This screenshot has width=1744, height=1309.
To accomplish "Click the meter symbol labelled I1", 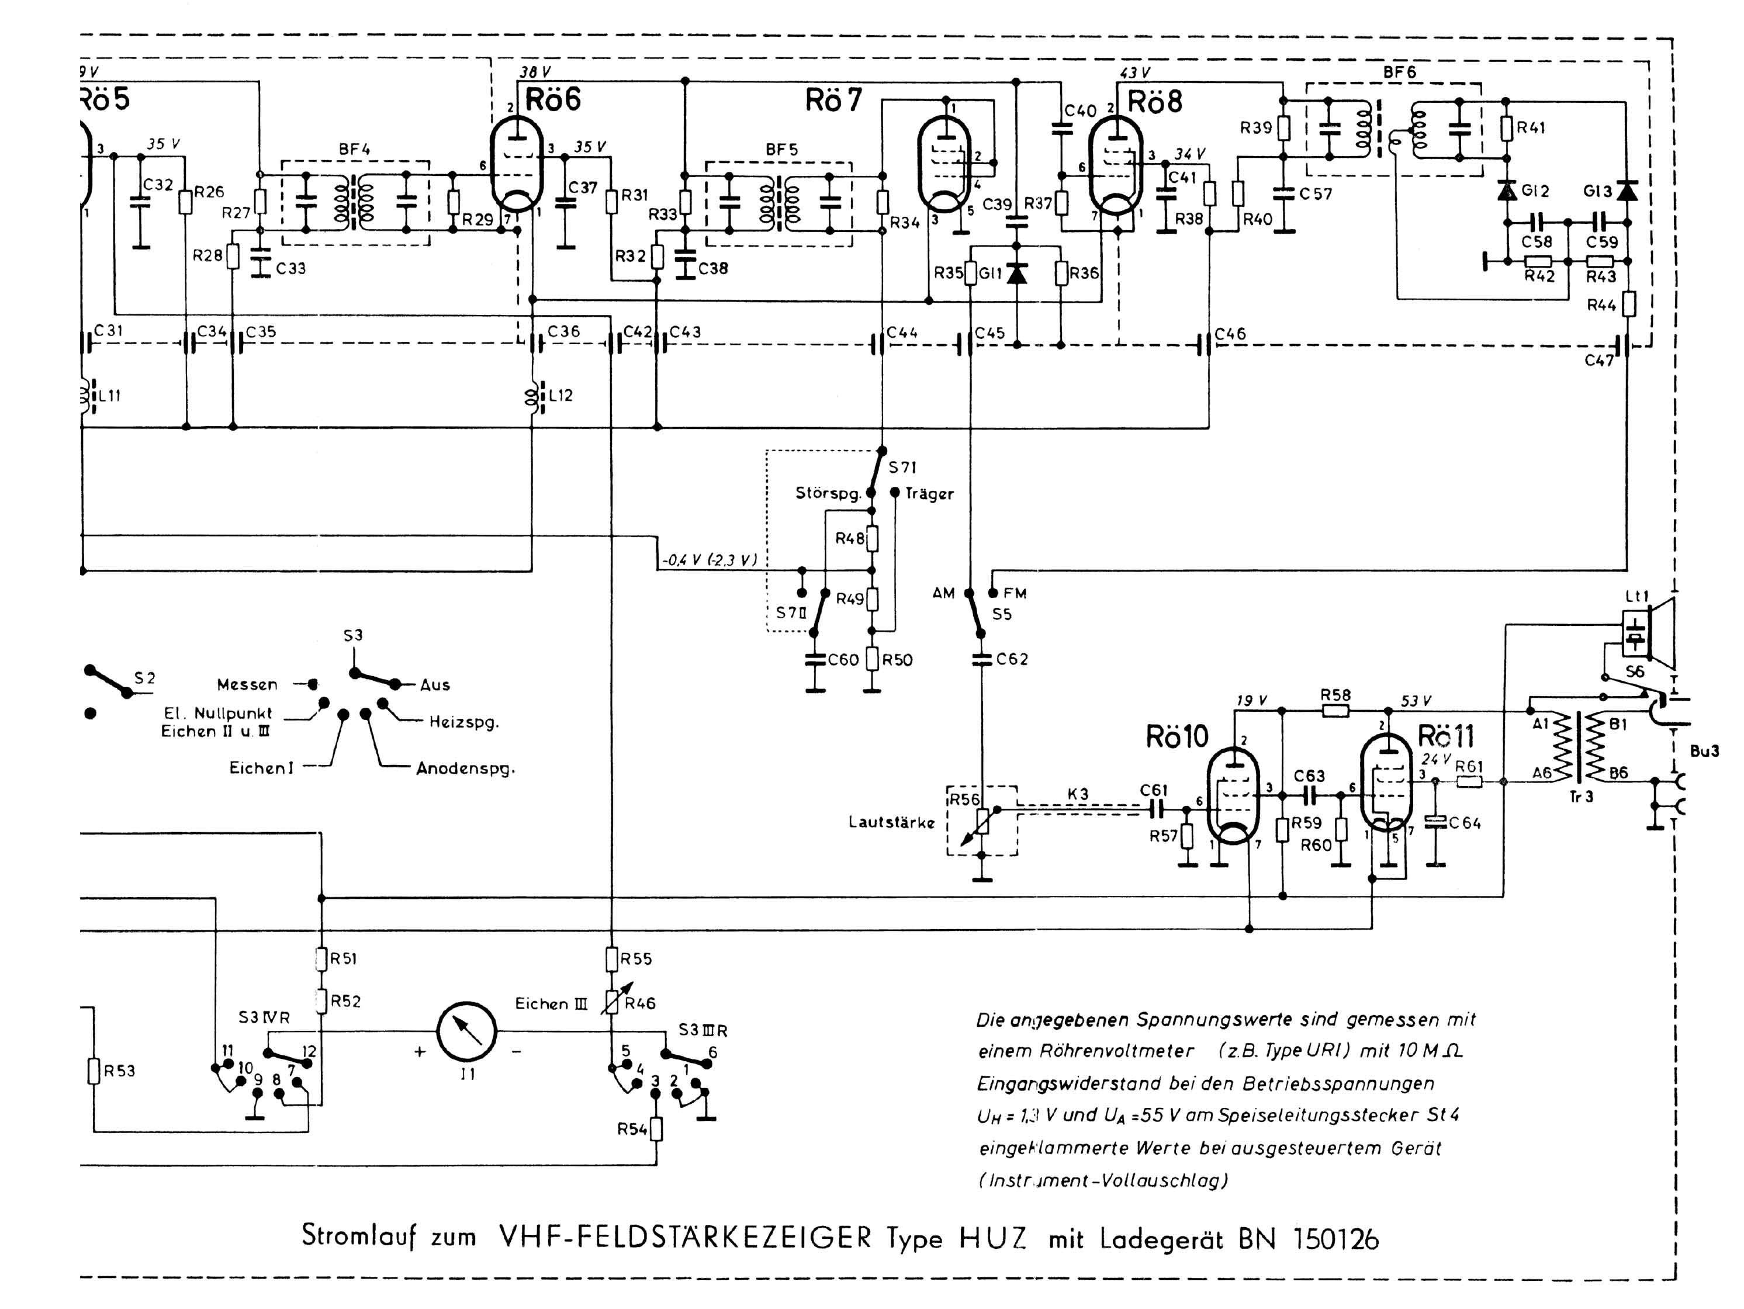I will pyautogui.click(x=467, y=1031).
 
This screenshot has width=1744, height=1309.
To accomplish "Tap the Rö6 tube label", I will pyautogui.click(x=553, y=100).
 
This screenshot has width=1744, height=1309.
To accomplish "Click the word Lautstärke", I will pyautogui.click(x=891, y=822).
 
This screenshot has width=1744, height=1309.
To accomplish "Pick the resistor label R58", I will pyautogui.click(x=1335, y=695).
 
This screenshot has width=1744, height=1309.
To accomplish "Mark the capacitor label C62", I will pyautogui.click(x=1012, y=659).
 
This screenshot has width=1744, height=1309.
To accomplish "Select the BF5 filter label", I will pyautogui.click(x=781, y=149).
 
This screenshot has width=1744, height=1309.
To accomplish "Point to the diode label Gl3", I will pyautogui.click(x=1597, y=191).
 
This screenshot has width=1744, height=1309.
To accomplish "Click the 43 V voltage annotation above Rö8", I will pyautogui.click(x=1134, y=73).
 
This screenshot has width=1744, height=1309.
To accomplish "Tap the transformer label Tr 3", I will pyautogui.click(x=1581, y=797).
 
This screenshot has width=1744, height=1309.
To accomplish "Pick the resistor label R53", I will pyautogui.click(x=120, y=1071).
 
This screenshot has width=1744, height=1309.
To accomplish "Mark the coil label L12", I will pyautogui.click(x=560, y=395).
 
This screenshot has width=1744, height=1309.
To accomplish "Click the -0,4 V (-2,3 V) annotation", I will pyautogui.click(x=710, y=560).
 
